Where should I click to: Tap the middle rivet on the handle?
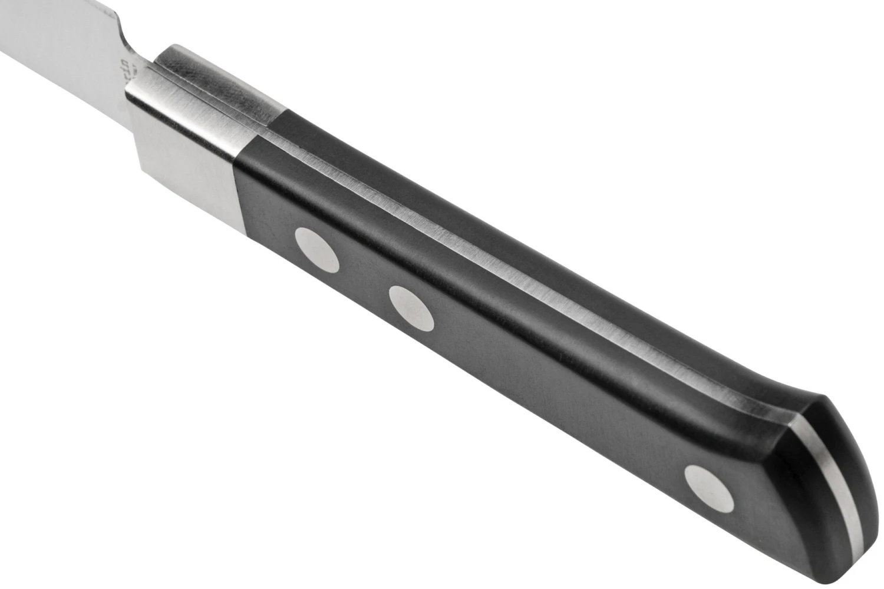411,307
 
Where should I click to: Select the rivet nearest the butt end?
710,487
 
